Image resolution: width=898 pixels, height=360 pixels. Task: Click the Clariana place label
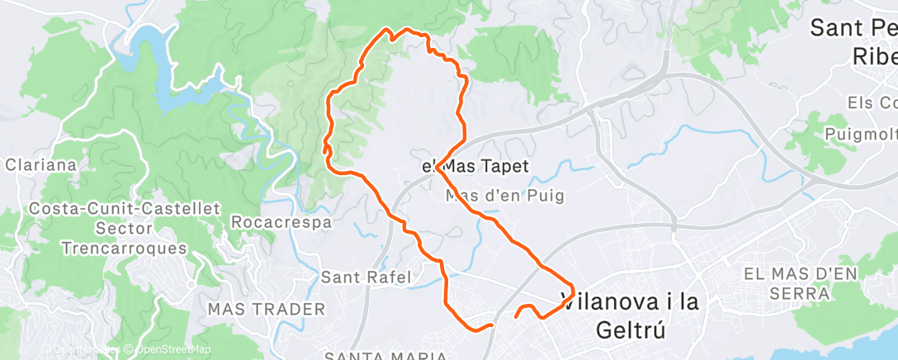[x=40, y=164]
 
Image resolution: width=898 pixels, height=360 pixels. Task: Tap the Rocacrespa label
[x=281, y=222]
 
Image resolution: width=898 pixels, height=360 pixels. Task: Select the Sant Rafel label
[x=366, y=277]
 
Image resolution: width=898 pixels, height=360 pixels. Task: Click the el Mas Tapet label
[x=475, y=167]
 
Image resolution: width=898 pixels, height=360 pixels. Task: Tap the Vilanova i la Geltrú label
[x=630, y=315]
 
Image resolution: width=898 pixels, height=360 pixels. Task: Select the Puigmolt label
[x=861, y=134]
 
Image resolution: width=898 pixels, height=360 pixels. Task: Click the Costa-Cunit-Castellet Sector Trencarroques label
[x=125, y=228]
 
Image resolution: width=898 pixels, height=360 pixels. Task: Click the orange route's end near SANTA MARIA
[x=492, y=325]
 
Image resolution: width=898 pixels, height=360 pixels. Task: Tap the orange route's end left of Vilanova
[x=517, y=315]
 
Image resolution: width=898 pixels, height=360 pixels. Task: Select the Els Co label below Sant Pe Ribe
[x=872, y=103]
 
